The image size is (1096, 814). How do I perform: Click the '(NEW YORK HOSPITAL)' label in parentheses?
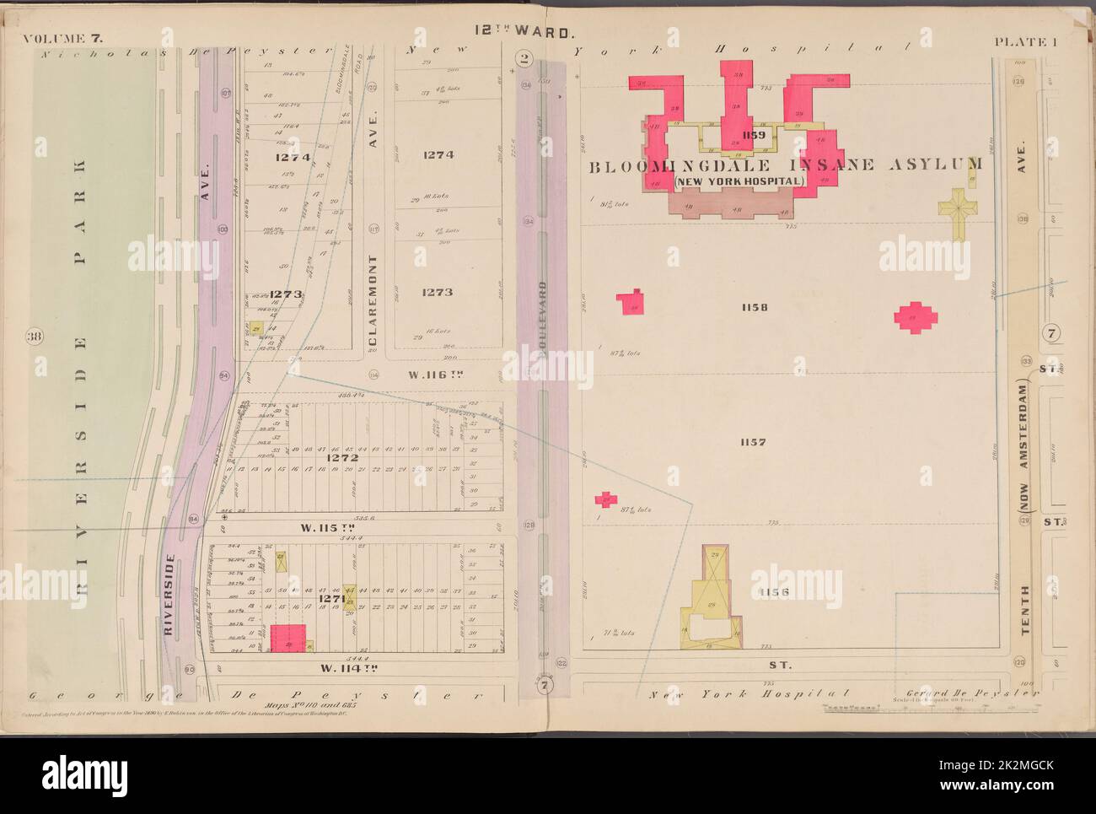(742, 181)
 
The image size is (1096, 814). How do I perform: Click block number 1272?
(345, 458)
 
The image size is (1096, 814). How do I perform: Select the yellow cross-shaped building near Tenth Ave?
(957, 204)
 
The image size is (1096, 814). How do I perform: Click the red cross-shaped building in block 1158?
(916, 317)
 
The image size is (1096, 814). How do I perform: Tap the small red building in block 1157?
(605, 500)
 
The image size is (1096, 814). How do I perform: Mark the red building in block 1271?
(287, 638)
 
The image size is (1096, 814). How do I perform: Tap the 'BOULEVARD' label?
(544, 321)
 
